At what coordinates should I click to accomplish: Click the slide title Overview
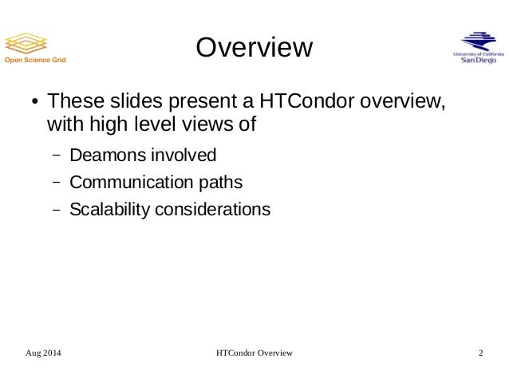pos(254,47)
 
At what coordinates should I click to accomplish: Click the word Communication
pos(130,183)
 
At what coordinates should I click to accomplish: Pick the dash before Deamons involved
pos(57,155)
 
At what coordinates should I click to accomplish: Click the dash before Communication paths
pos(57,183)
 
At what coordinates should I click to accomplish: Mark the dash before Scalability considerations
pos(57,211)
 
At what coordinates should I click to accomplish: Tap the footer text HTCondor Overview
pos(254,352)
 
